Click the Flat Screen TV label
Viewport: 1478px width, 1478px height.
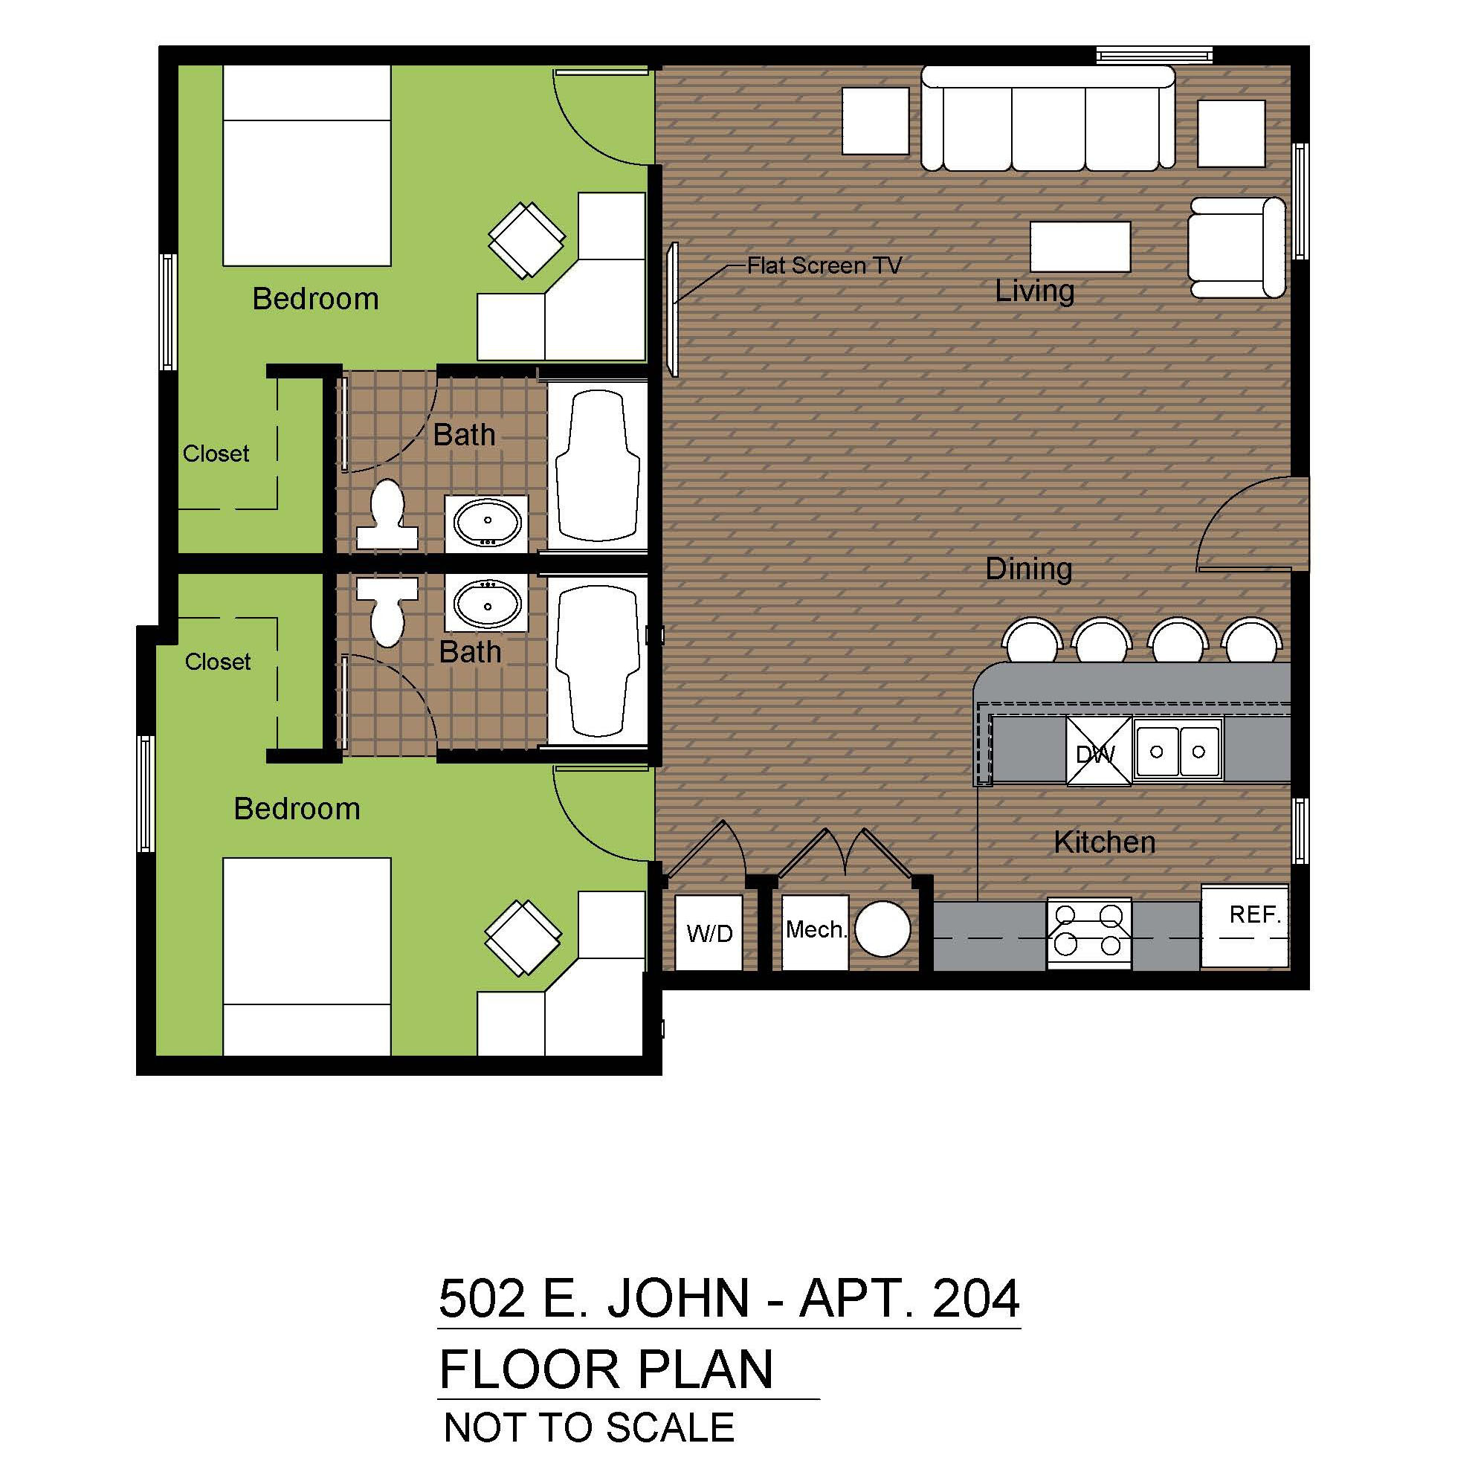pos(824,265)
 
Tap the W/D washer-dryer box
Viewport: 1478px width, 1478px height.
pos(709,932)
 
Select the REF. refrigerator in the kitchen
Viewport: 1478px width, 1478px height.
pos(1245,926)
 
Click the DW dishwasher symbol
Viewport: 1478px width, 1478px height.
pos(1099,750)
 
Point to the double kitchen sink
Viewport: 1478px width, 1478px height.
pos(1178,750)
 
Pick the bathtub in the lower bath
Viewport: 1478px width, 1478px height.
pos(598,659)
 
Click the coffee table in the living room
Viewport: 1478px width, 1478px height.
pos(1080,246)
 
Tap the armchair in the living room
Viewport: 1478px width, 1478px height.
pos(1236,247)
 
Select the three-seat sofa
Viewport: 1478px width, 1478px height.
pos(1048,117)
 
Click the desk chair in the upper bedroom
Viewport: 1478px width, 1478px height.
pos(527,239)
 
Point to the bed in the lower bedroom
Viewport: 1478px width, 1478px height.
pos(307,956)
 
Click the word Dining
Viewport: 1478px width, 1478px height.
pos(1028,569)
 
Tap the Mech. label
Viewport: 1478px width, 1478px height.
pos(816,929)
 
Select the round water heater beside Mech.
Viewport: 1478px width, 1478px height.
pos(882,929)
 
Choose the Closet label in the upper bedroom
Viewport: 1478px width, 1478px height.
pos(216,454)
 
